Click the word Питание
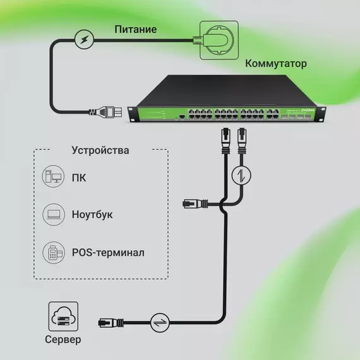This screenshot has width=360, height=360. (x=135, y=30)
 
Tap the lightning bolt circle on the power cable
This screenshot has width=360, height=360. (x=84, y=40)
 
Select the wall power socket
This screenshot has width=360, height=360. (x=219, y=40)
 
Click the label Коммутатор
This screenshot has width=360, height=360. (x=276, y=64)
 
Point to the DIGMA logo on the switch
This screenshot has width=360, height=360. (x=308, y=111)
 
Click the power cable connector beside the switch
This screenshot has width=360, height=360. (x=106, y=112)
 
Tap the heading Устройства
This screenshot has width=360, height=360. (x=100, y=150)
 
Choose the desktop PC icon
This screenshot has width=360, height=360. (x=53, y=176)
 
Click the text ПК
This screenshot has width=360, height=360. (x=79, y=178)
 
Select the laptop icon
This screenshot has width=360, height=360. (x=54, y=215)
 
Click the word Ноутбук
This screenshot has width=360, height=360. (x=92, y=215)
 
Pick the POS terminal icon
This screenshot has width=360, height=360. (x=54, y=253)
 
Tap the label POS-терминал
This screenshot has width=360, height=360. (x=109, y=253)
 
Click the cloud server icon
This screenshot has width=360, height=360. (x=63, y=316)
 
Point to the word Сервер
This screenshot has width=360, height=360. (x=63, y=340)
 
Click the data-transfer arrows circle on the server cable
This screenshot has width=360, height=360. (x=160, y=323)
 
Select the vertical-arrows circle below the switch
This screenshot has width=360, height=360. (x=241, y=175)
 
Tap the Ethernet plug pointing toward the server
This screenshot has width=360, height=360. (x=111, y=323)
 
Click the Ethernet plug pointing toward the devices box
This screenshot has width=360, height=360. (x=195, y=203)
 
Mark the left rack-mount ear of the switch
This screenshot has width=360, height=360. (x=132, y=114)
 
